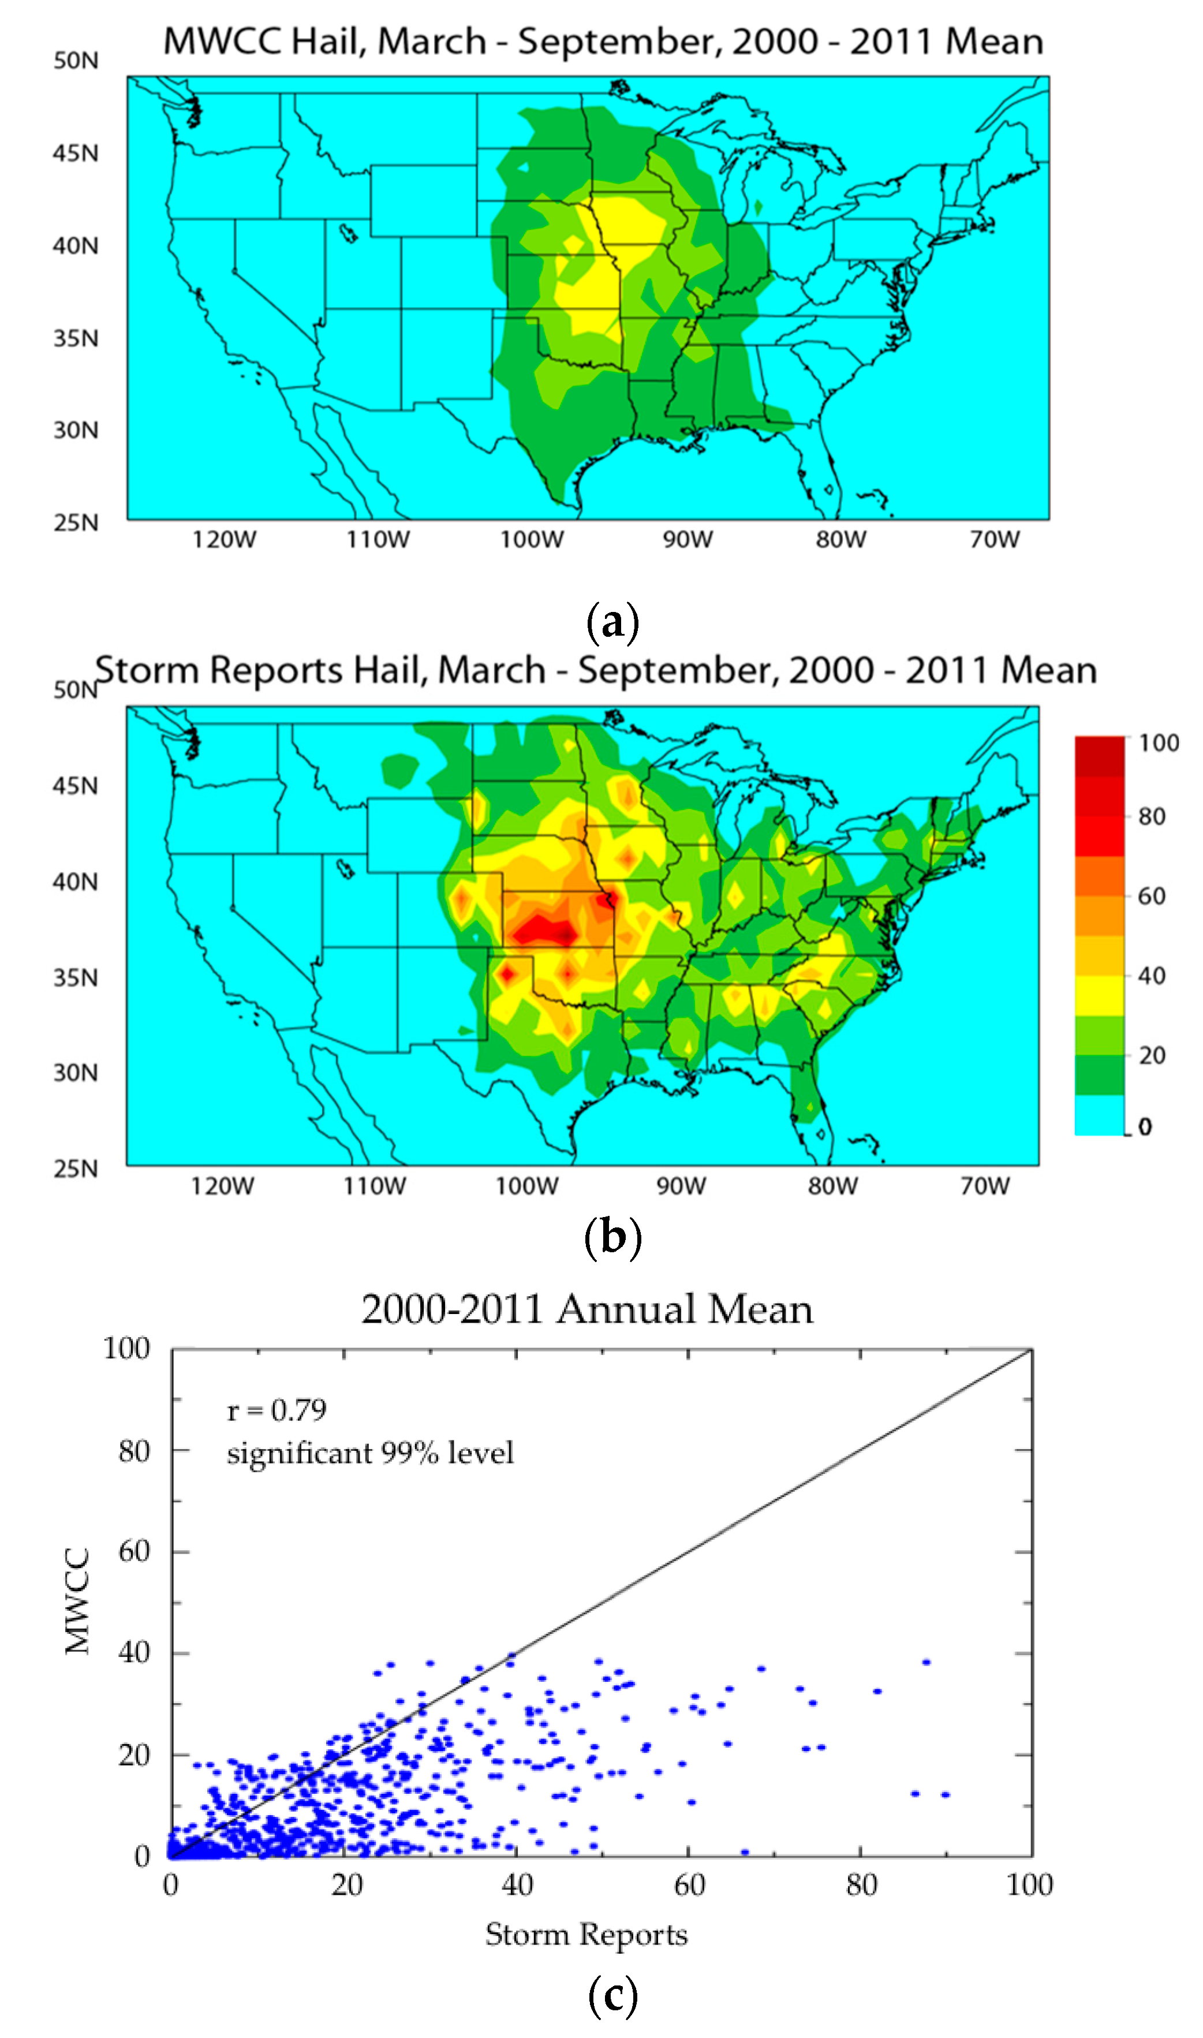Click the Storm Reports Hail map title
pos(596,670)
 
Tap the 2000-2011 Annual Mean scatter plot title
pos(587,1309)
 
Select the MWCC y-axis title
pos(79,1602)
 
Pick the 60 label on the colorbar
pos(1151,896)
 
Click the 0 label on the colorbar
pos(1145,1127)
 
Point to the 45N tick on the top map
pos(76,153)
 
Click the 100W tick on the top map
pos(532,540)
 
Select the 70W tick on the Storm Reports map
pos(985,1186)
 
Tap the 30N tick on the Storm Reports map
pos(76,1073)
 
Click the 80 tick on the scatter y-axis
pos(134,1451)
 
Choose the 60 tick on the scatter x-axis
pos(689,1886)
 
